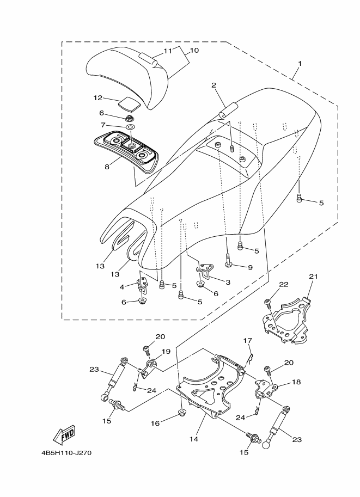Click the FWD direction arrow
(x=64, y=434)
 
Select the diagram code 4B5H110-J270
(x=66, y=452)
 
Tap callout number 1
(x=300, y=63)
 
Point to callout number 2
(x=213, y=85)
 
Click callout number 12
(x=97, y=98)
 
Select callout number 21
(x=313, y=277)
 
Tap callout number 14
(x=194, y=439)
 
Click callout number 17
(x=248, y=341)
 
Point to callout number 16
(x=155, y=423)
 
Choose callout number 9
(x=250, y=267)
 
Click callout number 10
(x=194, y=50)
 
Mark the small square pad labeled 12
(x=129, y=104)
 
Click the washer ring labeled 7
(x=130, y=127)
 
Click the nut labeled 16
(x=182, y=413)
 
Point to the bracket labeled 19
(x=150, y=368)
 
